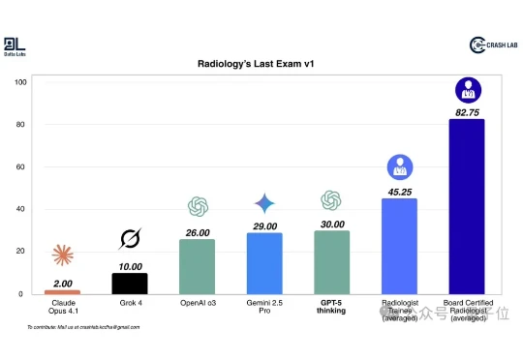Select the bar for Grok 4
click(130, 283)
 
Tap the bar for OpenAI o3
click(198, 266)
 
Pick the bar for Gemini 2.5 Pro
click(264, 263)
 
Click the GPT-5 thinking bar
click(332, 262)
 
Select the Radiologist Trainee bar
click(399, 246)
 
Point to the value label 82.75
click(467, 113)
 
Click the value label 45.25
click(399, 192)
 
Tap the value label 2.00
click(63, 283)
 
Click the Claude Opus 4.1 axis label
click(63, 309)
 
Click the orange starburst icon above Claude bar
click(63, 255)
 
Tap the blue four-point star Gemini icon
click(264, 204)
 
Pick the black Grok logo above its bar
click(130, 238)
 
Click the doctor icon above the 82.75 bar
click(468, 92)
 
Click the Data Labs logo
click(15, 45)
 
